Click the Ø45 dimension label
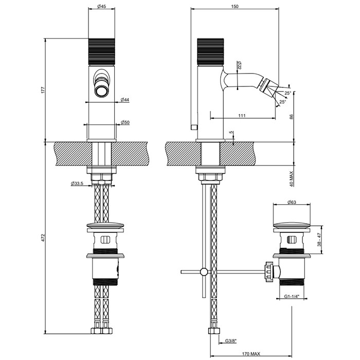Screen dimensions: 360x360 [101, 7]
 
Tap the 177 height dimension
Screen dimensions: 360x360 [44, 89]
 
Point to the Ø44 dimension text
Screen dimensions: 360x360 [124, 99]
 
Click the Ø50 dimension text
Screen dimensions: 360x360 [124, 122]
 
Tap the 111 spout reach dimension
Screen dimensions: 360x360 [241, 116]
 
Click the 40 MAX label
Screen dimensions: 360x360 [292, 179]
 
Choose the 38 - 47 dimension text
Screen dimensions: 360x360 [320, 240]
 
